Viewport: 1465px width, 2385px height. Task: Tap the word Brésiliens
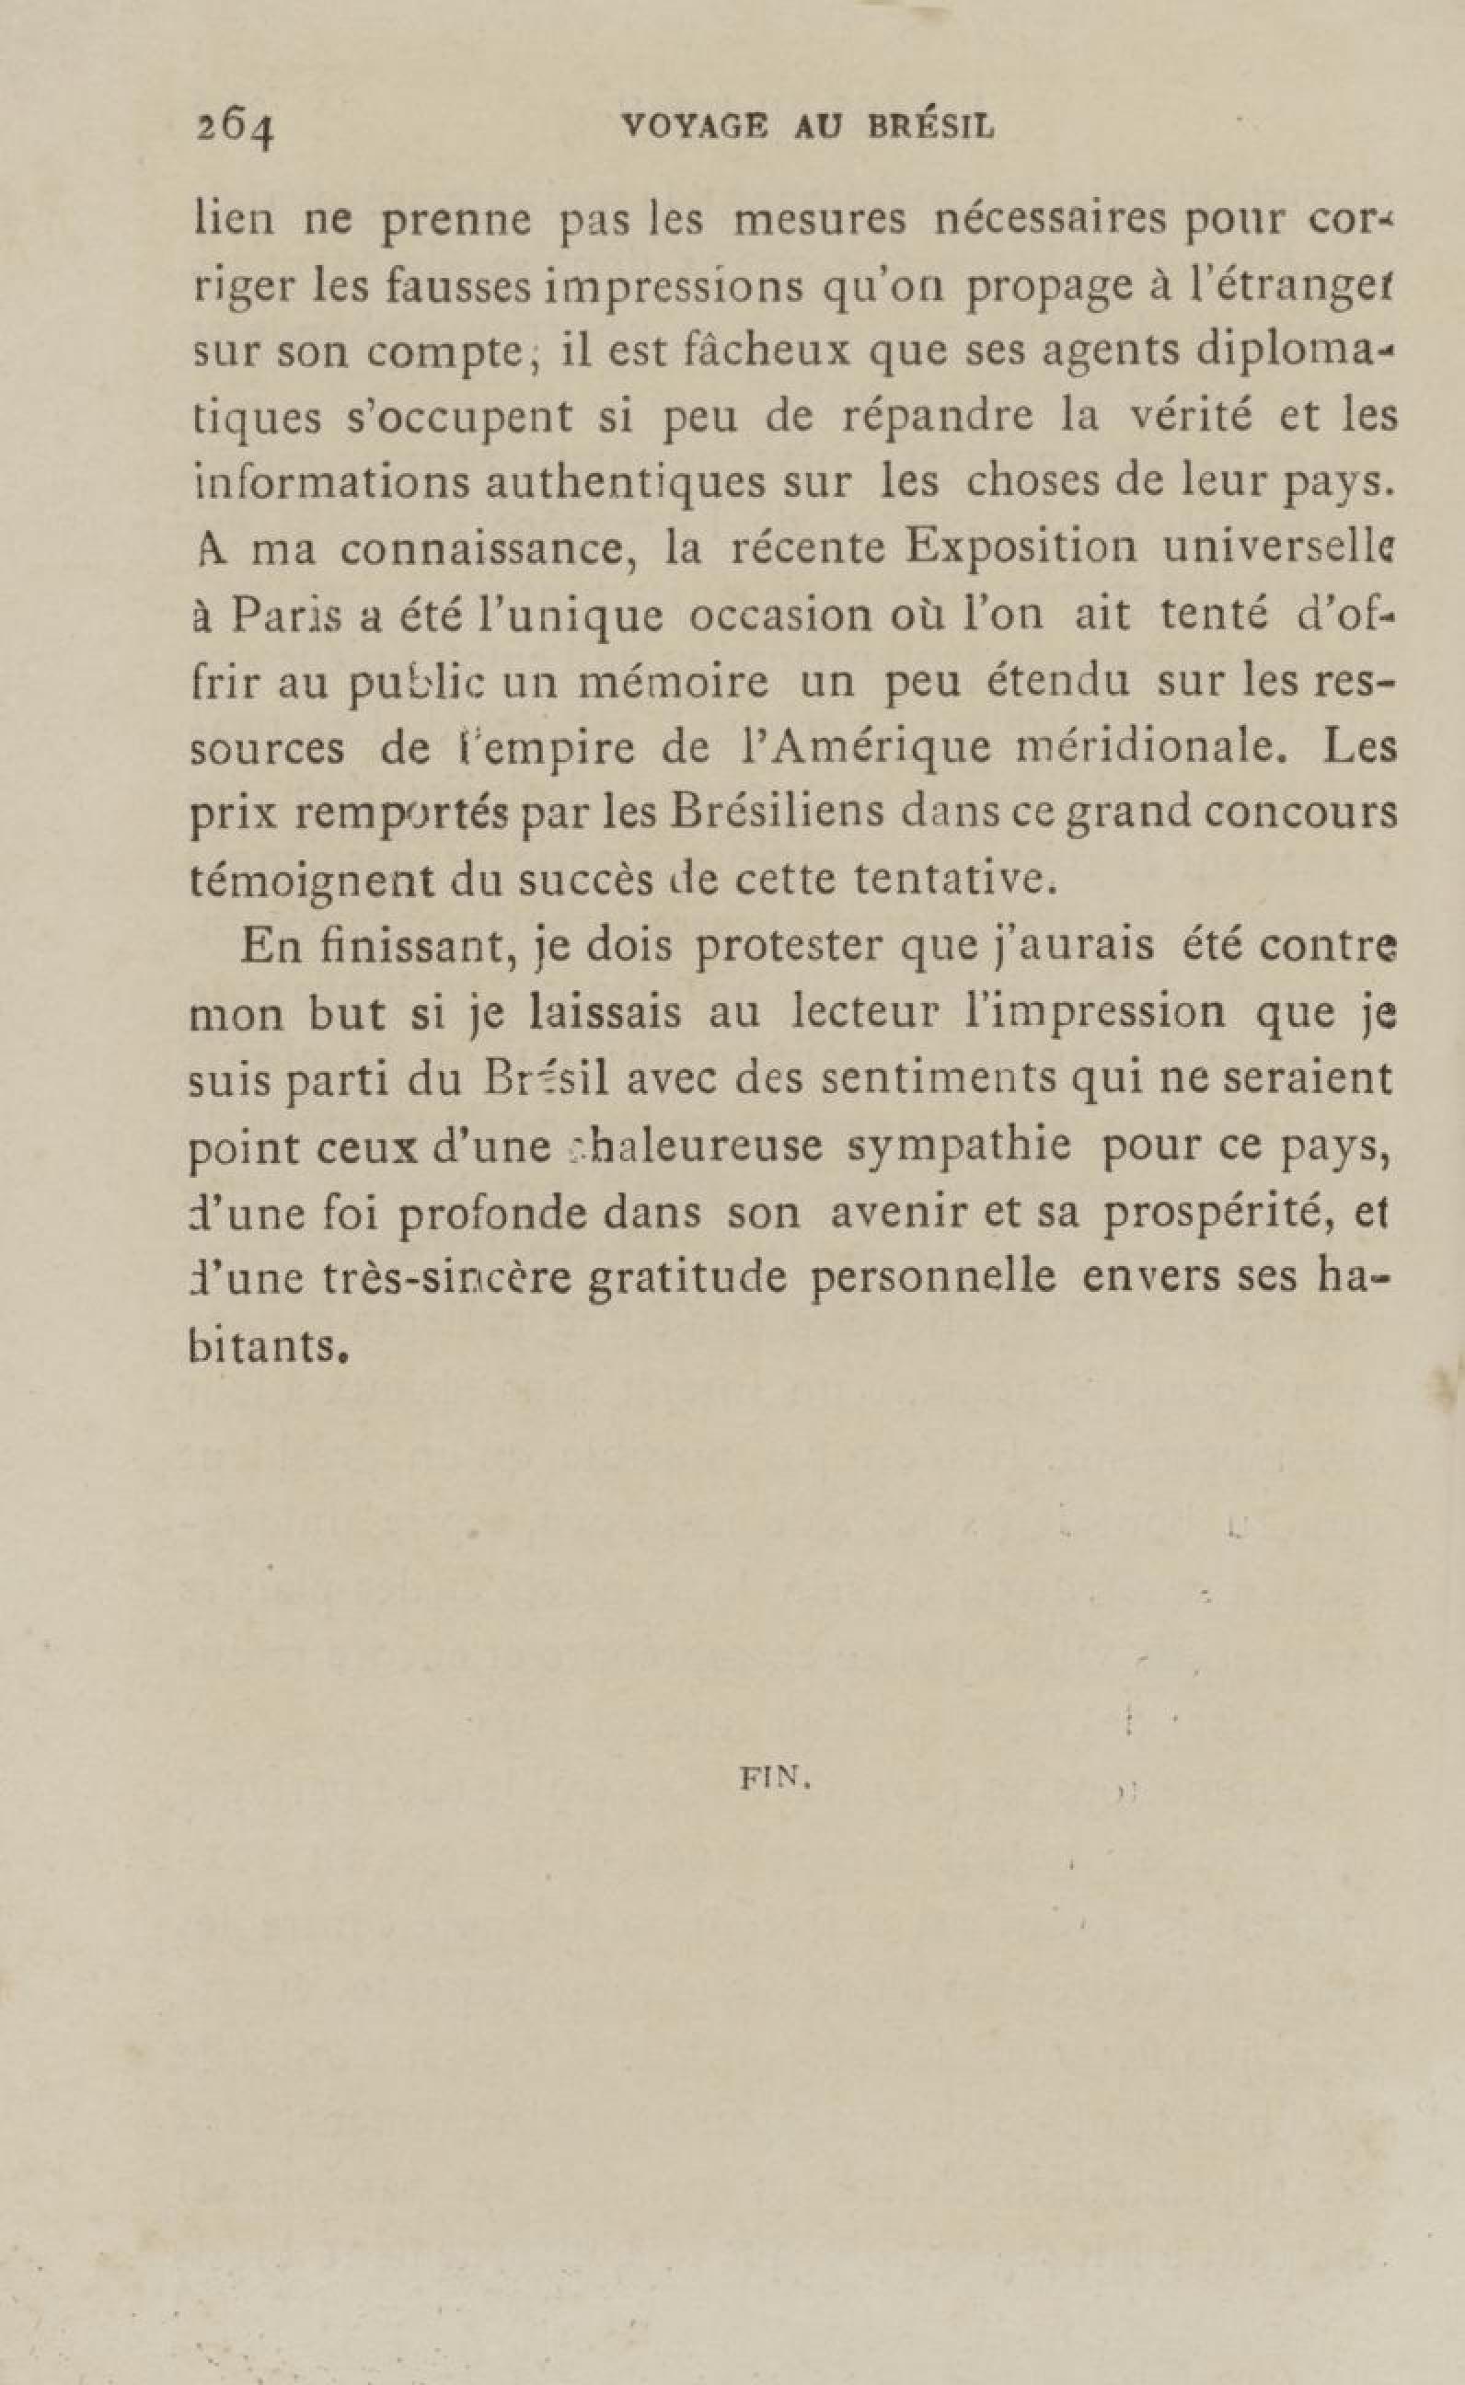coord(777,812)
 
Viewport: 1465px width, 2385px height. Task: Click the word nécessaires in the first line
coord(1052,220)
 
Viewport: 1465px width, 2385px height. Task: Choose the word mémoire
coord(674,682)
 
